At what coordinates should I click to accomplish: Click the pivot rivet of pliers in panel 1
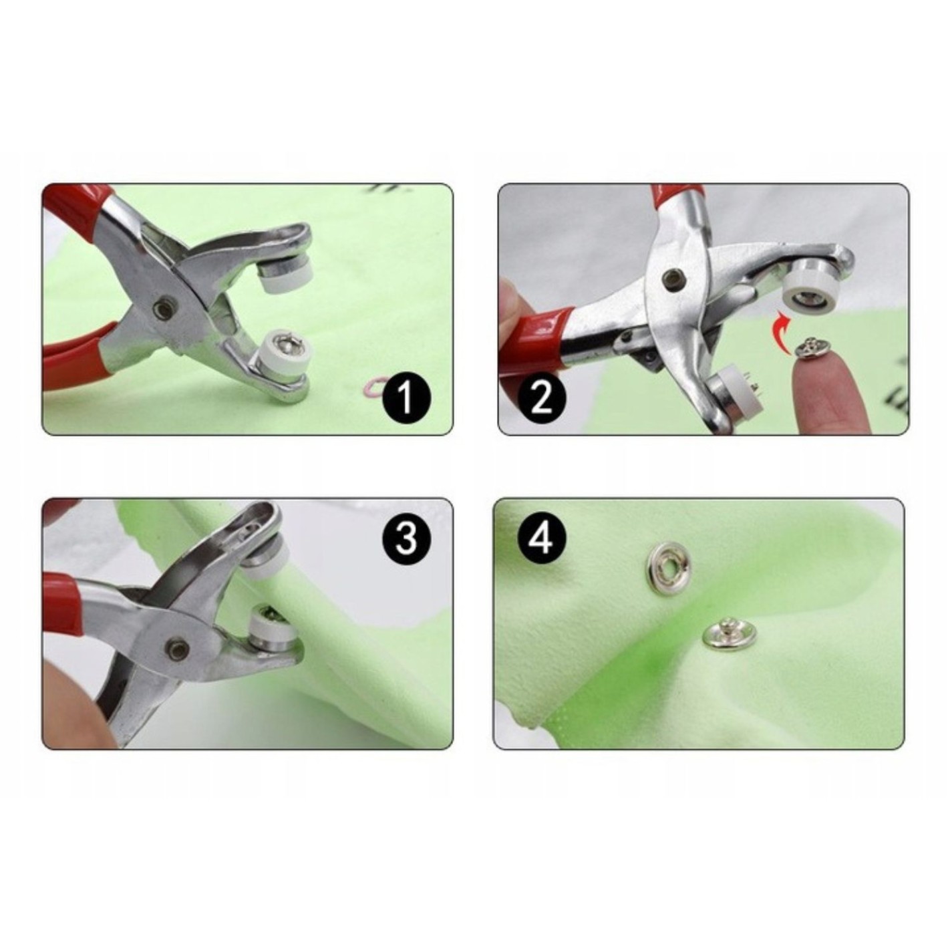[161, 310]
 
